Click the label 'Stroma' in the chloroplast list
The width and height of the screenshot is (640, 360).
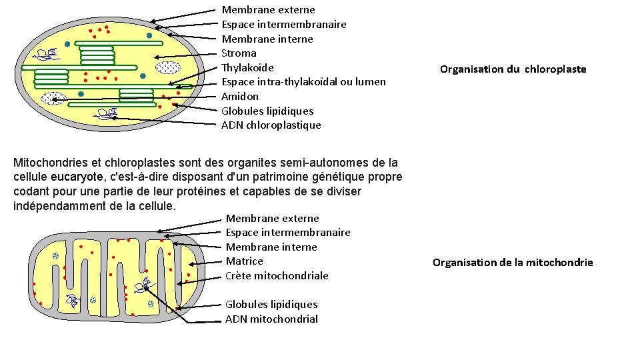(x=239, y=53)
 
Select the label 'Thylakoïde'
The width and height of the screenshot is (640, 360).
(x=247, y=68)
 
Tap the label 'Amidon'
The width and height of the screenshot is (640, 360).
(x=240, y=97)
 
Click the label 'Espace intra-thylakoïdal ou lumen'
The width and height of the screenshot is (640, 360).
(x=303, y=82)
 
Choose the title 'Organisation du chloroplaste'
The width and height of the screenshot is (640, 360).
(x=513, y=69)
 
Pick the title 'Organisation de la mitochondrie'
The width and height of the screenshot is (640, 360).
(x=513, y=263)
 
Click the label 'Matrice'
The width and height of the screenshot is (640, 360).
(x=244, y=261)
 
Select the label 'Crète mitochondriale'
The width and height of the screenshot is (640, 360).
(x=277, y=276)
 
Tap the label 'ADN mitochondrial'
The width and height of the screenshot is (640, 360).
(x=271, y=319)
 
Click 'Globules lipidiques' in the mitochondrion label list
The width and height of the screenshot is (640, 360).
(x=271, y=305)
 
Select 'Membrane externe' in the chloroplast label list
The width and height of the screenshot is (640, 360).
(x=268, y=10)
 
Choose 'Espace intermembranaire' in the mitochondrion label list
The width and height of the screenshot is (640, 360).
(x=288, y=233)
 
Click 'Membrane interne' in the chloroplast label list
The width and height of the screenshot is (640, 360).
(x=267, y=39)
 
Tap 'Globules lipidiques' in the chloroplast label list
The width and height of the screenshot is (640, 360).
(x=267, y=111)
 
